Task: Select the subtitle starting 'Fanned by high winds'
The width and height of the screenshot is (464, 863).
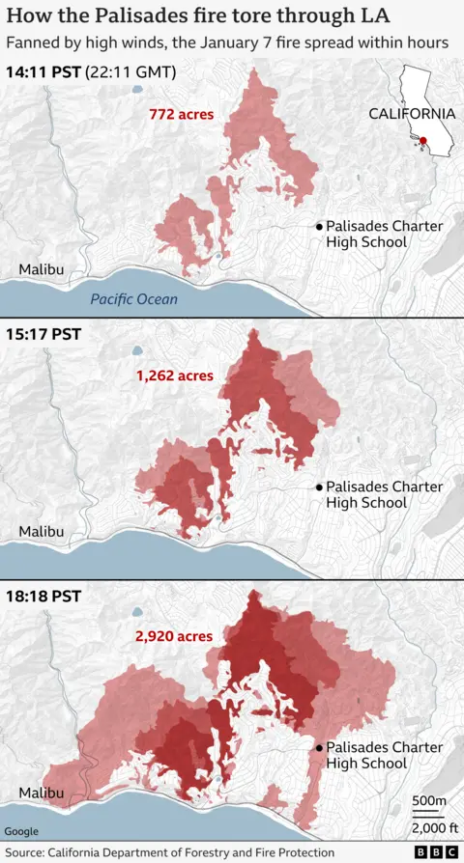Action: (227, 43)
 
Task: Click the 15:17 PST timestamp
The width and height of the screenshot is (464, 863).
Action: (43, 334)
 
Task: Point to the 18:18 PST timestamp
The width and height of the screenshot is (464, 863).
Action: (43, 596)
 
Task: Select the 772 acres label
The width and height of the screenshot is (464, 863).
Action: (182, 114)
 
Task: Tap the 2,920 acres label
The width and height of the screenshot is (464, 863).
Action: (176, 636)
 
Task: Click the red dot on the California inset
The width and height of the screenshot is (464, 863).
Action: (423, 141)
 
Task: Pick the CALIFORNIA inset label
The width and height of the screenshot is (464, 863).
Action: (412, 113)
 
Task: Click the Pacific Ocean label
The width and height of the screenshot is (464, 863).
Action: (134, 299)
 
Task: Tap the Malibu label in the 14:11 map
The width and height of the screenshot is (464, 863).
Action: (42, 270)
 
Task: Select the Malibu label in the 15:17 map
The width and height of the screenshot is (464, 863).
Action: (42, 532)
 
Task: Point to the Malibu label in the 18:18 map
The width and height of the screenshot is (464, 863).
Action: (42, 793)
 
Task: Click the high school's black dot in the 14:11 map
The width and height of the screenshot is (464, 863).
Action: (318, 226)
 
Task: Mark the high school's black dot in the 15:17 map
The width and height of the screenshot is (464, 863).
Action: (318, 487)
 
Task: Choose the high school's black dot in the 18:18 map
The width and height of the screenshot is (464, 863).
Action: (318, 748)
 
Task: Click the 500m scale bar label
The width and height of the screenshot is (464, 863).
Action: (428, 801)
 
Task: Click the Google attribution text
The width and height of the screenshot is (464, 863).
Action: (22, 831)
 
